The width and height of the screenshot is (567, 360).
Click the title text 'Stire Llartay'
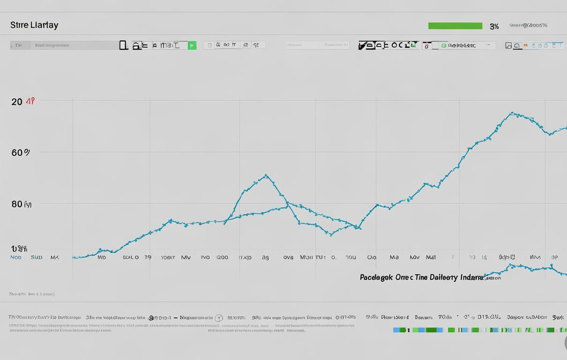[34, 25]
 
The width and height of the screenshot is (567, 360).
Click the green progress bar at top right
[455, 26]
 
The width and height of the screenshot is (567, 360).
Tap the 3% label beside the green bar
[494, 27]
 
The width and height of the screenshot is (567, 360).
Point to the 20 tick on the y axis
[17, 102]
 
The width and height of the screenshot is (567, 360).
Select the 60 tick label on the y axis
[18, 152]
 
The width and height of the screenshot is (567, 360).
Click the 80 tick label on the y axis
[17, 204]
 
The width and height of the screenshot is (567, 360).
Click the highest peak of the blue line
[512, 113]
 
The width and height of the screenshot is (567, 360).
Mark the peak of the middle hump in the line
[266, 175]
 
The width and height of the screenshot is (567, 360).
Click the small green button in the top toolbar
[192, 45]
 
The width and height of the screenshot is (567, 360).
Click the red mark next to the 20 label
[30, 101]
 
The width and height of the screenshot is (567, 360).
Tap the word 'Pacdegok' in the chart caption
[376, 277]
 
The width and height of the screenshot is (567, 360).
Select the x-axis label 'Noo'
[16, 257]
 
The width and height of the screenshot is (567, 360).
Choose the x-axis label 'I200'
[222, 257]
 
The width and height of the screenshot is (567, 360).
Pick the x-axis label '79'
[148, 257]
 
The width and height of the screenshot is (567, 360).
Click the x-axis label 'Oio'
[372, 257]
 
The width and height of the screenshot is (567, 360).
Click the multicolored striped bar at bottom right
[478, 330]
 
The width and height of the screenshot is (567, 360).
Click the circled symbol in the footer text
[218, 318]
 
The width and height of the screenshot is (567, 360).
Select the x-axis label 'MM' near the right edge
[535, 257]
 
